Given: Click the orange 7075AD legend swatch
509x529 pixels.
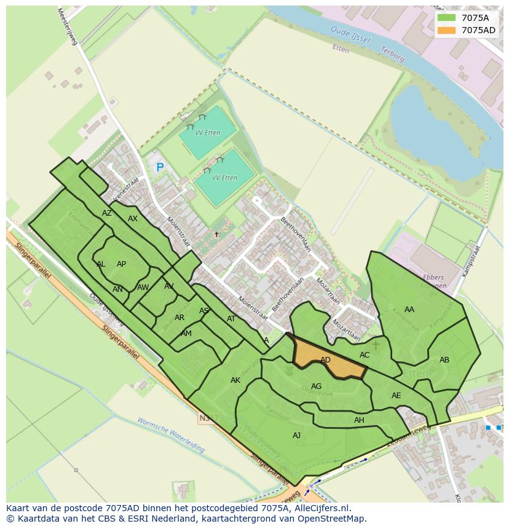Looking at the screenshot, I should pyautogui.click(x=447, y=30).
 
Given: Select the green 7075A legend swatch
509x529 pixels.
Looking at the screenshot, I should pyautogui.click(x=447, y=18).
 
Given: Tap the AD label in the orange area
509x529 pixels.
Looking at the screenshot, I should pyautogui.click(x=326, y=360).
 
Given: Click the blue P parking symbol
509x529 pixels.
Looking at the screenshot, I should pyautogui.click(x=160, y=167).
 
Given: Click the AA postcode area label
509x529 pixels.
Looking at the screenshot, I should pyautogui.click(x=409, y=310).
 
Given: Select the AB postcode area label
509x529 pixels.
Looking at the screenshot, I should pyautogui.click(x=444, y=360).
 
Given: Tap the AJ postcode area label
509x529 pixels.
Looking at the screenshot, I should pyautogui.click(x=297, y=435).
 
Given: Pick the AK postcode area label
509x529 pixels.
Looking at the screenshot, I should pyautogui.click(x=235, y=380).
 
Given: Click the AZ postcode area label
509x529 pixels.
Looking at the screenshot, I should pyautogui.click(x=107, y=213).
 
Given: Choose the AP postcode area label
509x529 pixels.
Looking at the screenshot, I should pyautogui.click(x=121, y=264).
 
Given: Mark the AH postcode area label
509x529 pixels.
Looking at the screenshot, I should pyautogui.click(x=359, y=420).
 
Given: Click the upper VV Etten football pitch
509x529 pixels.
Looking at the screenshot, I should pyautogui.click(x=207, y=131).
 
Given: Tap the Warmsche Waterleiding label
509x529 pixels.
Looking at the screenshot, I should pyautogui.click(x=171, y=435).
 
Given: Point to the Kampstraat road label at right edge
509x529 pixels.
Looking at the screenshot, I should pyautogui.click(x=470, y=261).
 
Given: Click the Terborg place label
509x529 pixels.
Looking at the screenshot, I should pyautogui.click(x=393, y=55).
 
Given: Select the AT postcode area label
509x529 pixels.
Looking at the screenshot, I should pyautogui.click(x=231, y=319).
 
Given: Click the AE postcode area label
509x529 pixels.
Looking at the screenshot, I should pyautogui.click(x=396, y=396).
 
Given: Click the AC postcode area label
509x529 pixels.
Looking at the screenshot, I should pyautogui.click(x=365, y=355).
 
